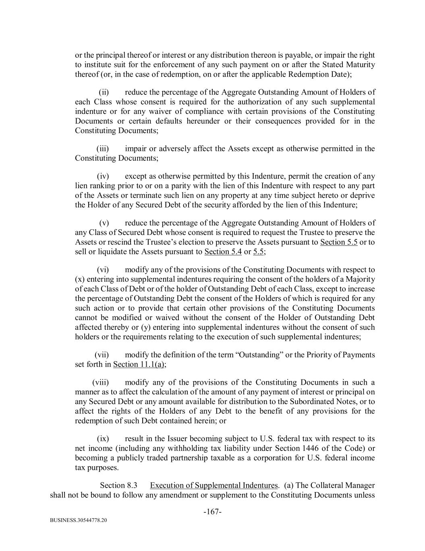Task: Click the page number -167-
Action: pos(212,512)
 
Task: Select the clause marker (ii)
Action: pos(104,92)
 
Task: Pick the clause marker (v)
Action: pos(104,223)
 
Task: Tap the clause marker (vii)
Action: pos(102,355)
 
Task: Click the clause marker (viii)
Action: pos(100,382)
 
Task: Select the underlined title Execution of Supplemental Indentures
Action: pos(214,485)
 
